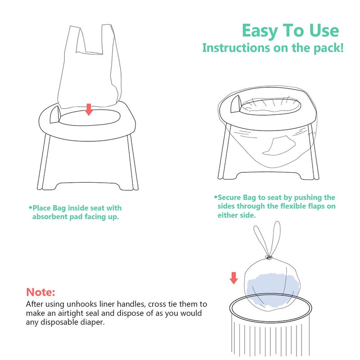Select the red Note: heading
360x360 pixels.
[x=41, y=292]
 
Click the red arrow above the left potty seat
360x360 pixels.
[x=89, y=109]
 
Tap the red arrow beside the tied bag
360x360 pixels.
[x=233, y=278]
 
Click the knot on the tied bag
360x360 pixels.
[x=268, y=258]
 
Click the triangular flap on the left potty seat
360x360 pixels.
[x=55, y=114]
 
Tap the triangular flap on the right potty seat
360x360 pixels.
[x=235, y=105]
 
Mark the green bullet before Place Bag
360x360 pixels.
[x=31, y=208]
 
